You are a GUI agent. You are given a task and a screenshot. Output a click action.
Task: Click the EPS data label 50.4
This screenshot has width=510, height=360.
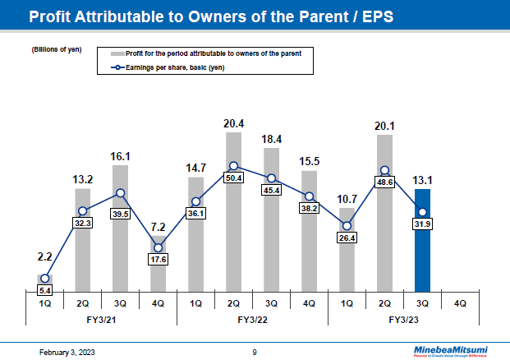point(233,178)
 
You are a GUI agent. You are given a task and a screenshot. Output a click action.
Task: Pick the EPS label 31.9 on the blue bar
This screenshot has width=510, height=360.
point(422,224)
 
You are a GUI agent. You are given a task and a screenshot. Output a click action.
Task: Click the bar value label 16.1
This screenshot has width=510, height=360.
point(120,155)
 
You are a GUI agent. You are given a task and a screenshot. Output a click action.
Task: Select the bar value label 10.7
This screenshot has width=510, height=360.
point(347,198)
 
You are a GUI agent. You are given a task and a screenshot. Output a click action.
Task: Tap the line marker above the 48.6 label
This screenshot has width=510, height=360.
point(384,171)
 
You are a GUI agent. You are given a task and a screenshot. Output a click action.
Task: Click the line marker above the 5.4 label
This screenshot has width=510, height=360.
point(44,278)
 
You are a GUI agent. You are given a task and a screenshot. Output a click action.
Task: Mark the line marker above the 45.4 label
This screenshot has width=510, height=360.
point(271,177)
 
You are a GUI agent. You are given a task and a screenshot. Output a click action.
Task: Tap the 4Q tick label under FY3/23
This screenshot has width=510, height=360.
point(460,302)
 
